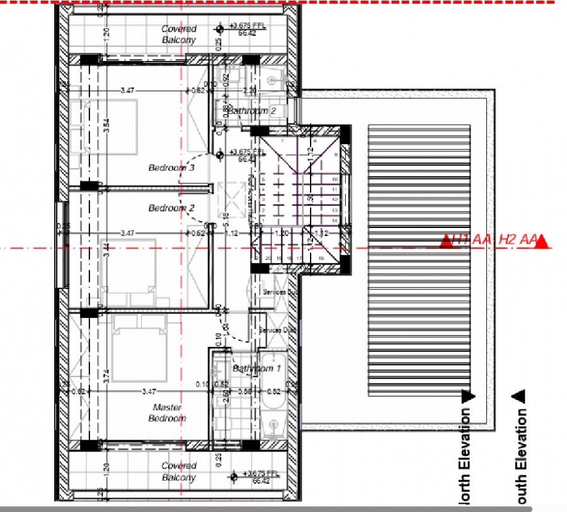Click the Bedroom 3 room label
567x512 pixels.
171,168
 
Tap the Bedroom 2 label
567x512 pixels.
171,208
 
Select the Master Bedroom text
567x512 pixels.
167,413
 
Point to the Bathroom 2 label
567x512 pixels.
252,111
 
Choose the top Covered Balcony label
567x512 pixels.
179,34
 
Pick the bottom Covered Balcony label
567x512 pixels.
179,472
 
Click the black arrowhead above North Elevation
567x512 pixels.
467,397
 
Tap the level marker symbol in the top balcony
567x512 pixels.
220,29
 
